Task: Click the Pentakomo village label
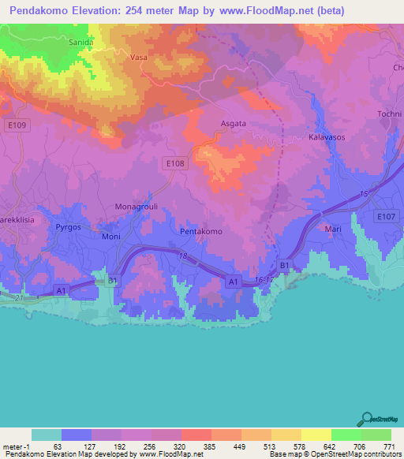pyautogui.click(x=201, y=232)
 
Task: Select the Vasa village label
pyautogui.click(x=139, y=58)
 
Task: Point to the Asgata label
pyautogui.click(x=233, y=124)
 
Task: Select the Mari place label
pyautogui.click(x=333, y=229)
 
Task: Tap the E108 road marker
pyautogui.click(x=176, y=162)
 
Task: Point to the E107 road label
pyautogui.click(x=386, y=215)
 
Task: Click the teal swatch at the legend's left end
pyautogui.click(x=47, y=435)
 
